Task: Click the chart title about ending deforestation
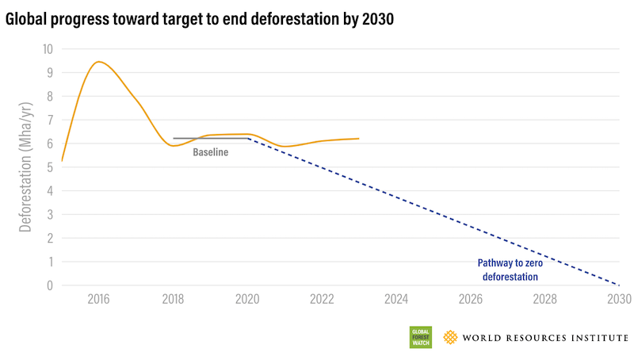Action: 199,19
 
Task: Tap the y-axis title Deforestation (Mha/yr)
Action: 25,167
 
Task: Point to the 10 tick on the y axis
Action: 47,49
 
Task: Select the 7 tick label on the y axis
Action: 49,120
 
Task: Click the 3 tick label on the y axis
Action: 49,214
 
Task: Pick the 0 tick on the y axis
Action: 49,285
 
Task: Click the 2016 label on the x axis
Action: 98,300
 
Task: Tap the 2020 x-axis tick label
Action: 247,300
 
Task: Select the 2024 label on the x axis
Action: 395,300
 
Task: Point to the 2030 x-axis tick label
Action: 618,300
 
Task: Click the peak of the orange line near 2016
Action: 98,62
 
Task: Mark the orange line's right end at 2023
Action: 359,139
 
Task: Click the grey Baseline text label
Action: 210,152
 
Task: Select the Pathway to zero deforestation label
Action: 508,270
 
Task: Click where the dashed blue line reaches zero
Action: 618,285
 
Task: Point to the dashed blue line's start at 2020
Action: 248,139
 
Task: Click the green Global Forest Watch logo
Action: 420,337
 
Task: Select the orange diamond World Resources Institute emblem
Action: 450,337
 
